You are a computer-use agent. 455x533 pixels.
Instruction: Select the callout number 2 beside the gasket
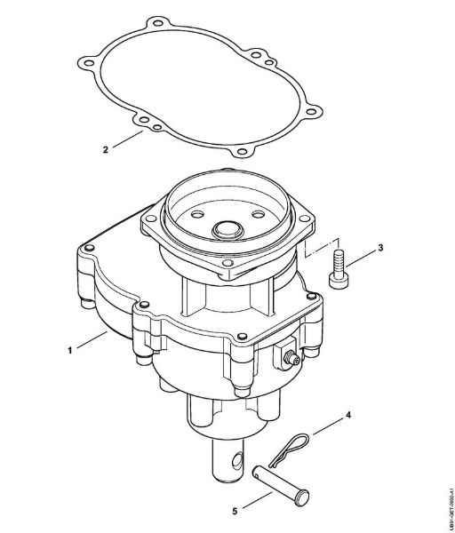pos(106,150)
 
